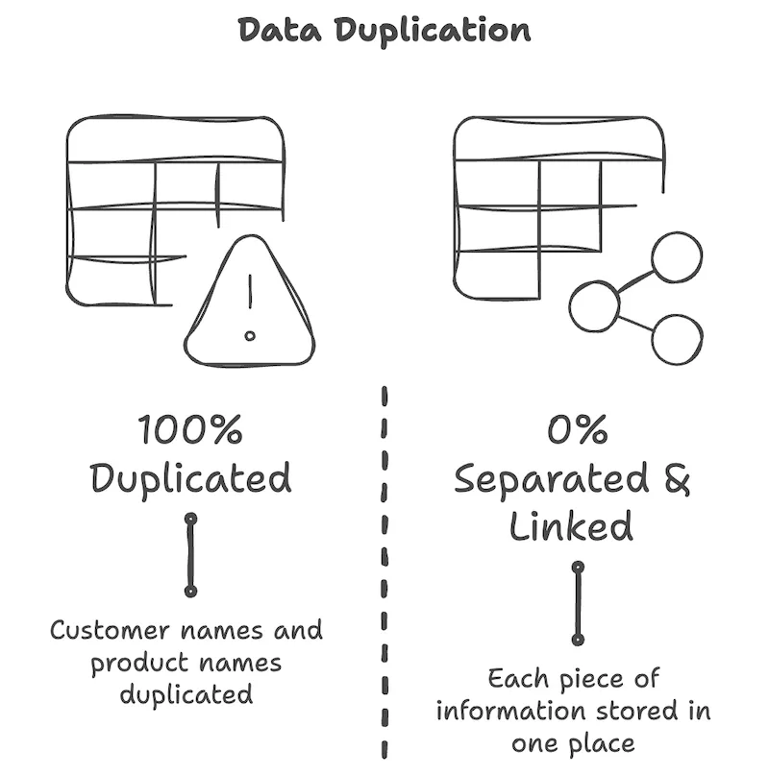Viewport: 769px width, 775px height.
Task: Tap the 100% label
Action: [190, 429]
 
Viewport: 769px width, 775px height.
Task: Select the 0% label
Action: [577, 429]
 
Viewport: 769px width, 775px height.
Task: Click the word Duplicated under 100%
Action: [190, 477]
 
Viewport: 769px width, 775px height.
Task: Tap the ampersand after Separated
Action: [676, 478]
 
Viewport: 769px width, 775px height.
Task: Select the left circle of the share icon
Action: [594, 306]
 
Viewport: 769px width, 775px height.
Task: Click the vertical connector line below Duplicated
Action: [190, 554]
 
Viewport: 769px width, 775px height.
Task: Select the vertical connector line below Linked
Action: [578, 603]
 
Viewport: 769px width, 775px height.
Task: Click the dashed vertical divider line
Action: [384, 576]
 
